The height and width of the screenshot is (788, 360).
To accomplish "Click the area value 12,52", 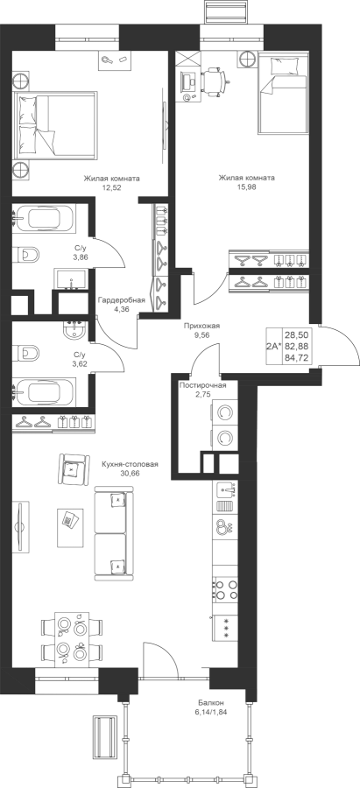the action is (x=111, y=187).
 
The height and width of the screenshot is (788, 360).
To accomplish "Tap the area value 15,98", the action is (x=246, y=187).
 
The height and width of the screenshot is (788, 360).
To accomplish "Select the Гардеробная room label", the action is (x=122, y=300).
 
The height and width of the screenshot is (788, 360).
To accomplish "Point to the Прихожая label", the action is (x=201, y=326).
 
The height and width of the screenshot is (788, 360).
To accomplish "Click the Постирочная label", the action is (x=202, y=385).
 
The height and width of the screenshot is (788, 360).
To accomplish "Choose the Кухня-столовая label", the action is (x=130, y=464).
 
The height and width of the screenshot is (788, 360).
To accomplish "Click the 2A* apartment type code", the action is (x=274, y=346).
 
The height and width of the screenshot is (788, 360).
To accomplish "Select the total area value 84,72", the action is (x=297, y=358).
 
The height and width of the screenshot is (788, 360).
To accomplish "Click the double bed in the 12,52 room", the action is (x=55, y=124).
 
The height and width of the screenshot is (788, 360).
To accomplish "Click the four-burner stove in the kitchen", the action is (x=224, y=589).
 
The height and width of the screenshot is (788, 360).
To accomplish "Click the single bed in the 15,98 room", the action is (x=282, y=94).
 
